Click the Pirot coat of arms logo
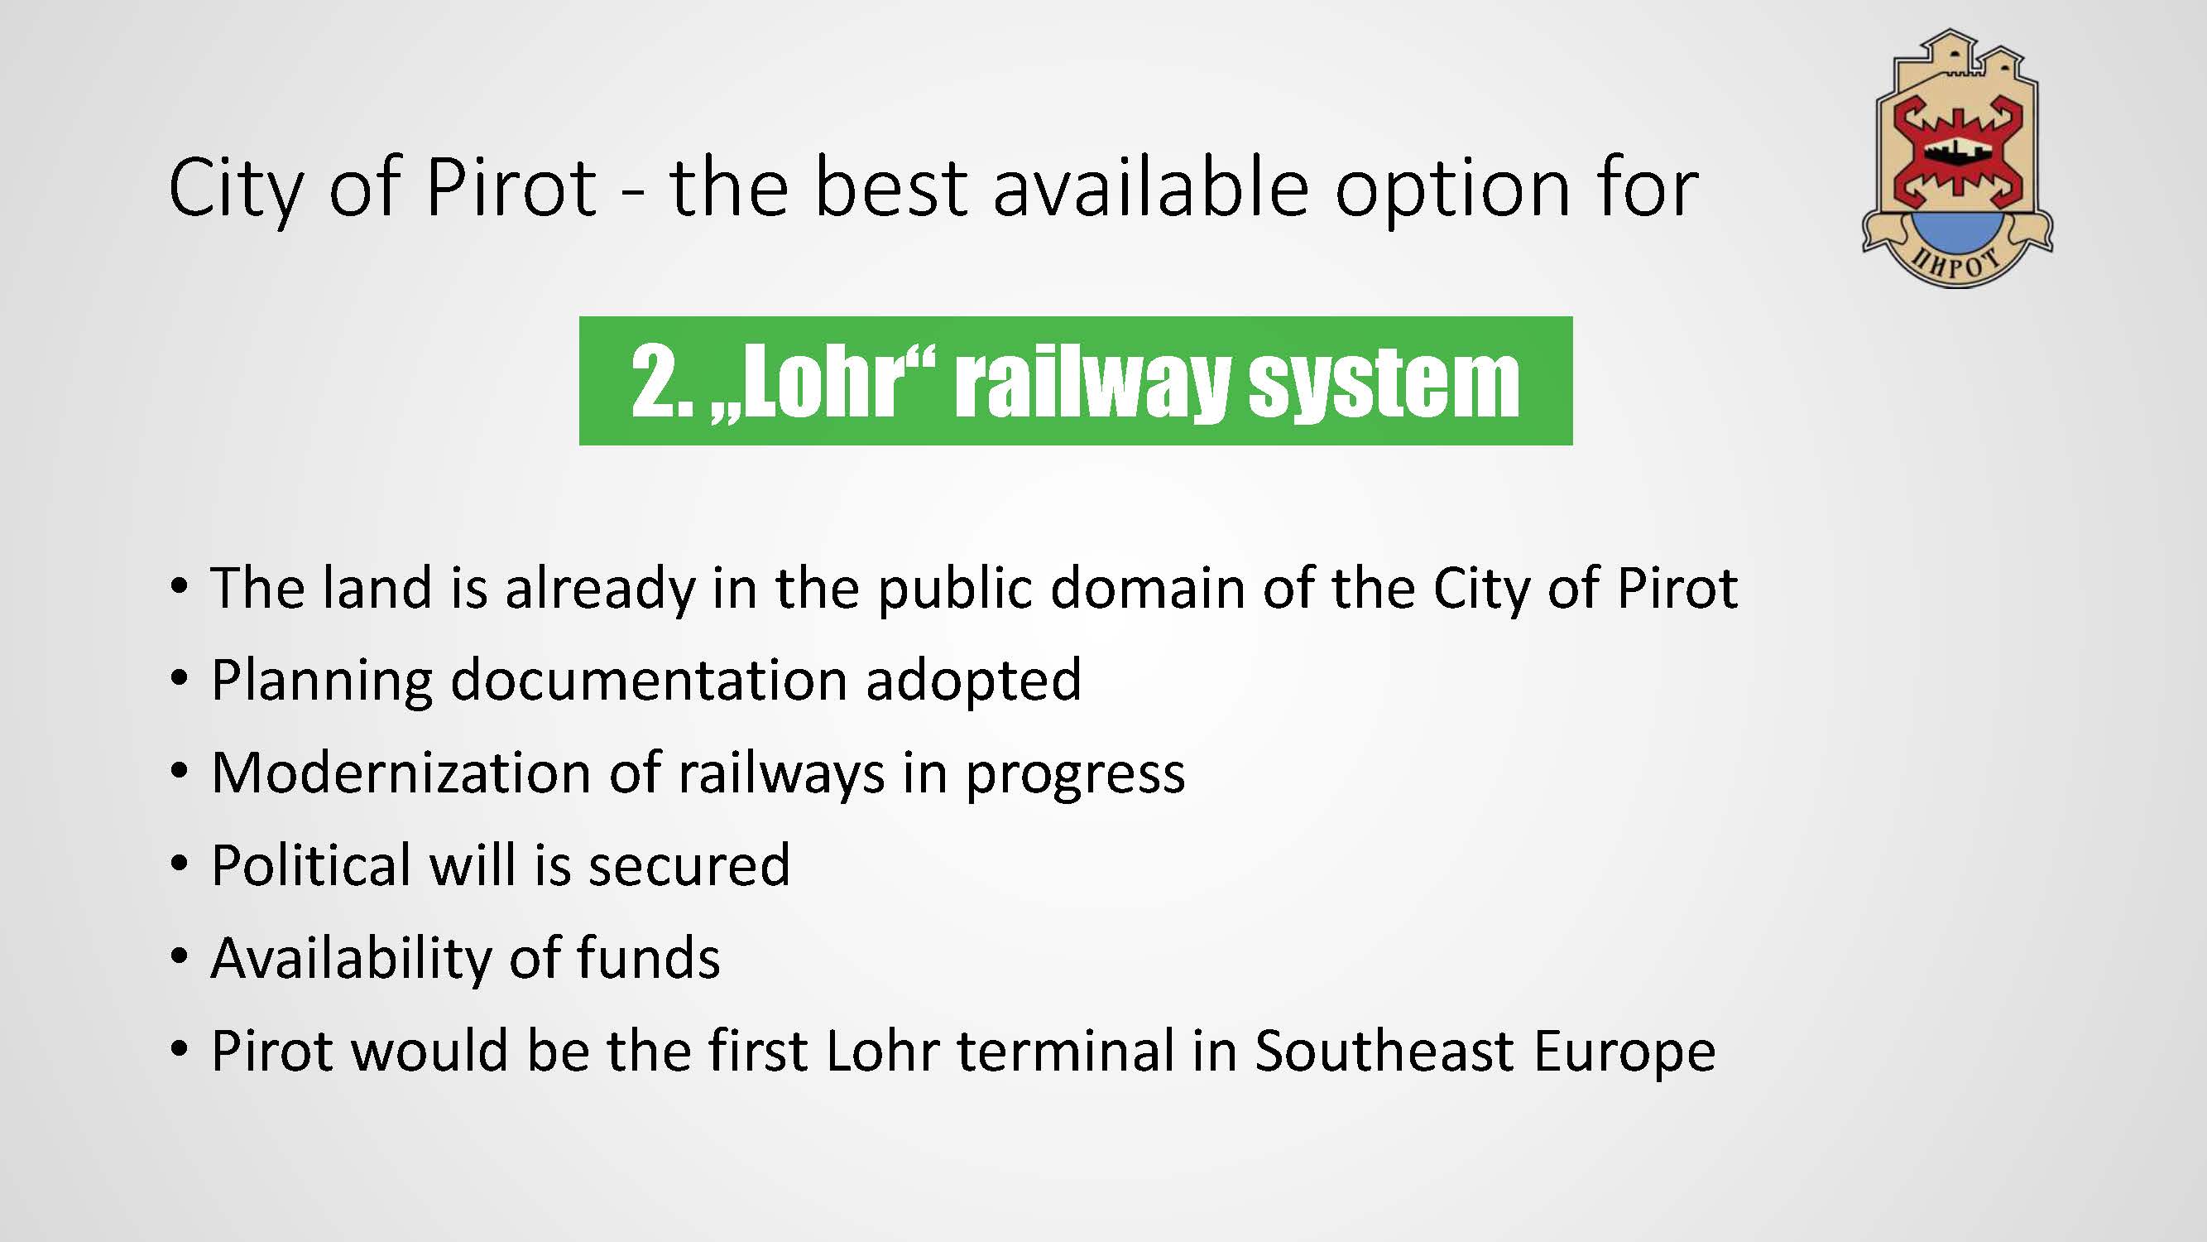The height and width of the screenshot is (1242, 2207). [x=1957, y=159]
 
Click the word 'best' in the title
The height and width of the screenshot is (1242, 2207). [x=891, y=188]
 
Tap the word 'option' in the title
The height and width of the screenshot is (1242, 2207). [x=1453, y=191]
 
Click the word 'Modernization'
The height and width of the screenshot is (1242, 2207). [x=401, y=773]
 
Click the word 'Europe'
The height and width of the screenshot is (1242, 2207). [x=1624, y=1053]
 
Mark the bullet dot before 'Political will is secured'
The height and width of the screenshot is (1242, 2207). [x=178, y=864]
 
